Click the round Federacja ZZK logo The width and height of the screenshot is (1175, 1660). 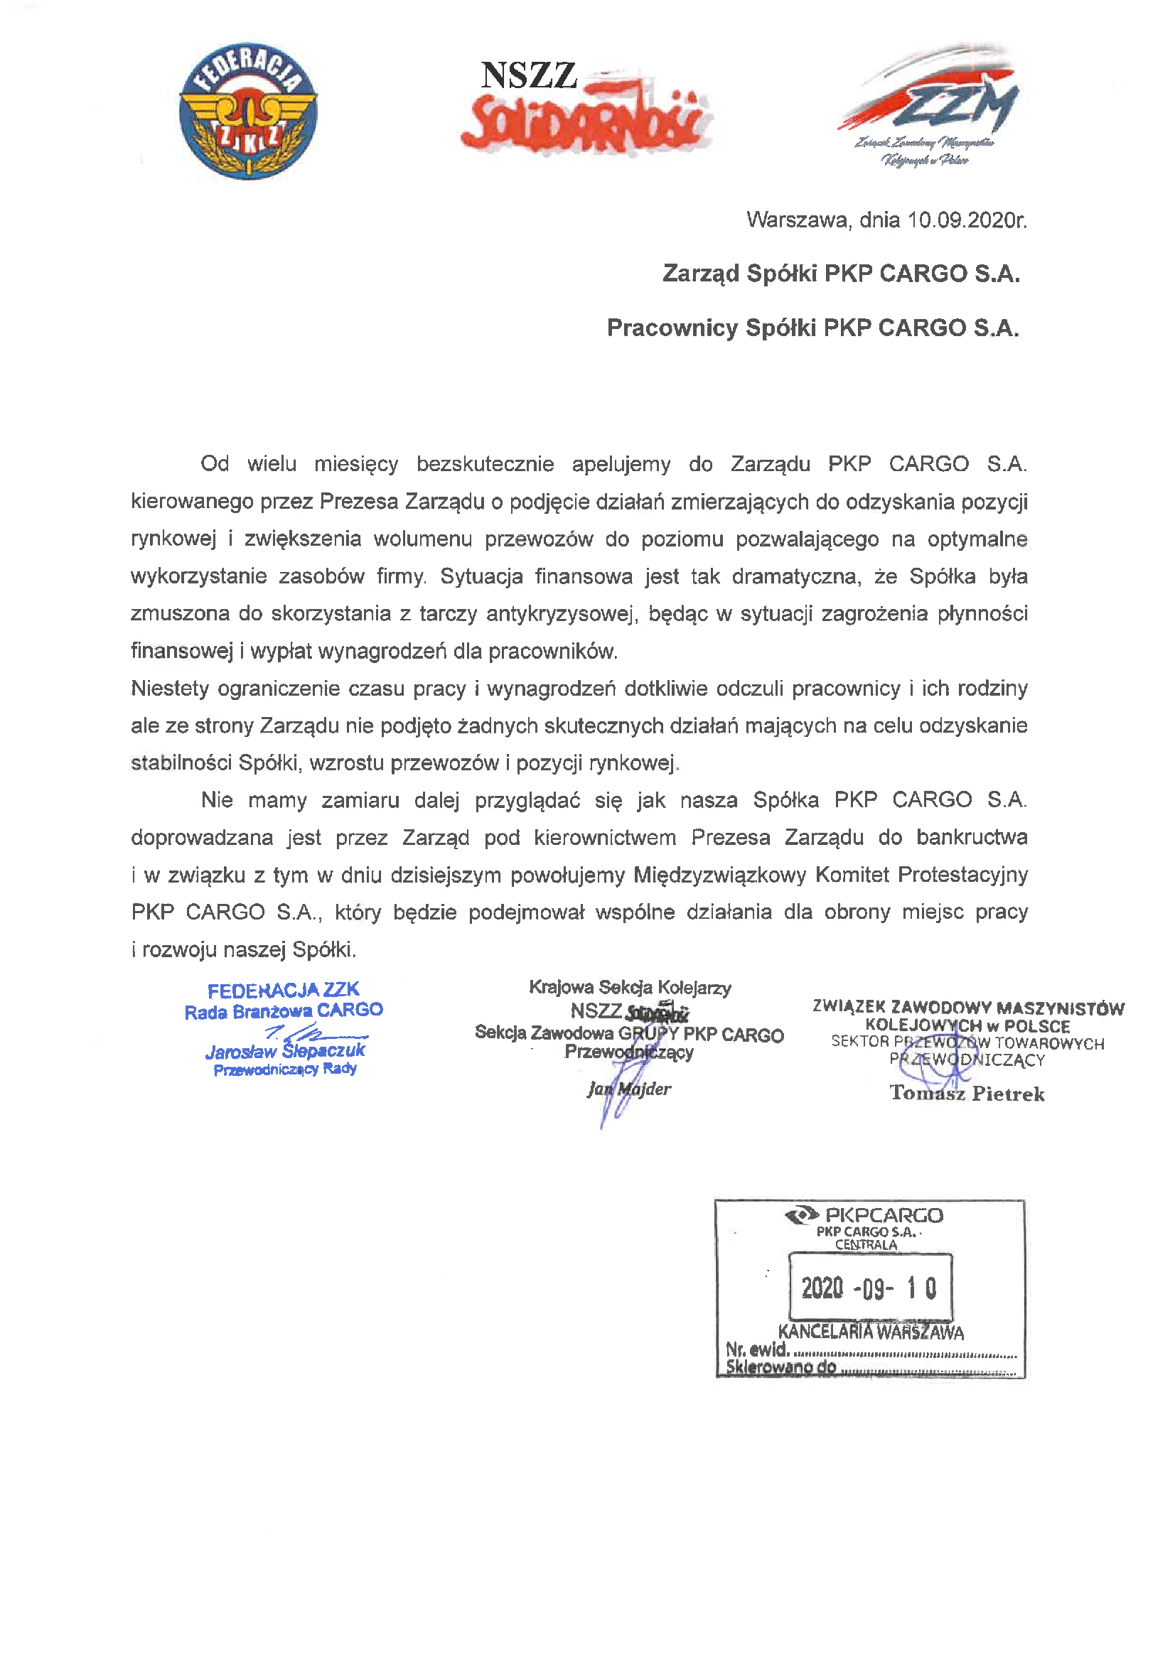coord(248,110)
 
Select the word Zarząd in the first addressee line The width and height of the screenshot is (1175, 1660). coord(701,274)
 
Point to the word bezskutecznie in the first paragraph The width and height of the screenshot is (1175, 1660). coord(485,463)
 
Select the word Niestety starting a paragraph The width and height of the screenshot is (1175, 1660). coord(170,688)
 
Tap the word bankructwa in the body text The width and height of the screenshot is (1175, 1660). coord(972,837)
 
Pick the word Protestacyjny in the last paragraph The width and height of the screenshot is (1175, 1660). coord(962,875)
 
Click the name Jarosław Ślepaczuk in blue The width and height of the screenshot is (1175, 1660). coord(285,1051)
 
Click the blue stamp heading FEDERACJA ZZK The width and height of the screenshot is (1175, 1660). coord(283,990)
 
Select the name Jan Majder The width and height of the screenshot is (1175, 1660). coord(629,1089)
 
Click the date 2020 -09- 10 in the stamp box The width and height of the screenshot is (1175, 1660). coord(868,1288)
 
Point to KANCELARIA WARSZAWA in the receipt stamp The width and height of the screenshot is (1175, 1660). coord(870,1332)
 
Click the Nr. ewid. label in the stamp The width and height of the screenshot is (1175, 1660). coord(757,1349)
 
